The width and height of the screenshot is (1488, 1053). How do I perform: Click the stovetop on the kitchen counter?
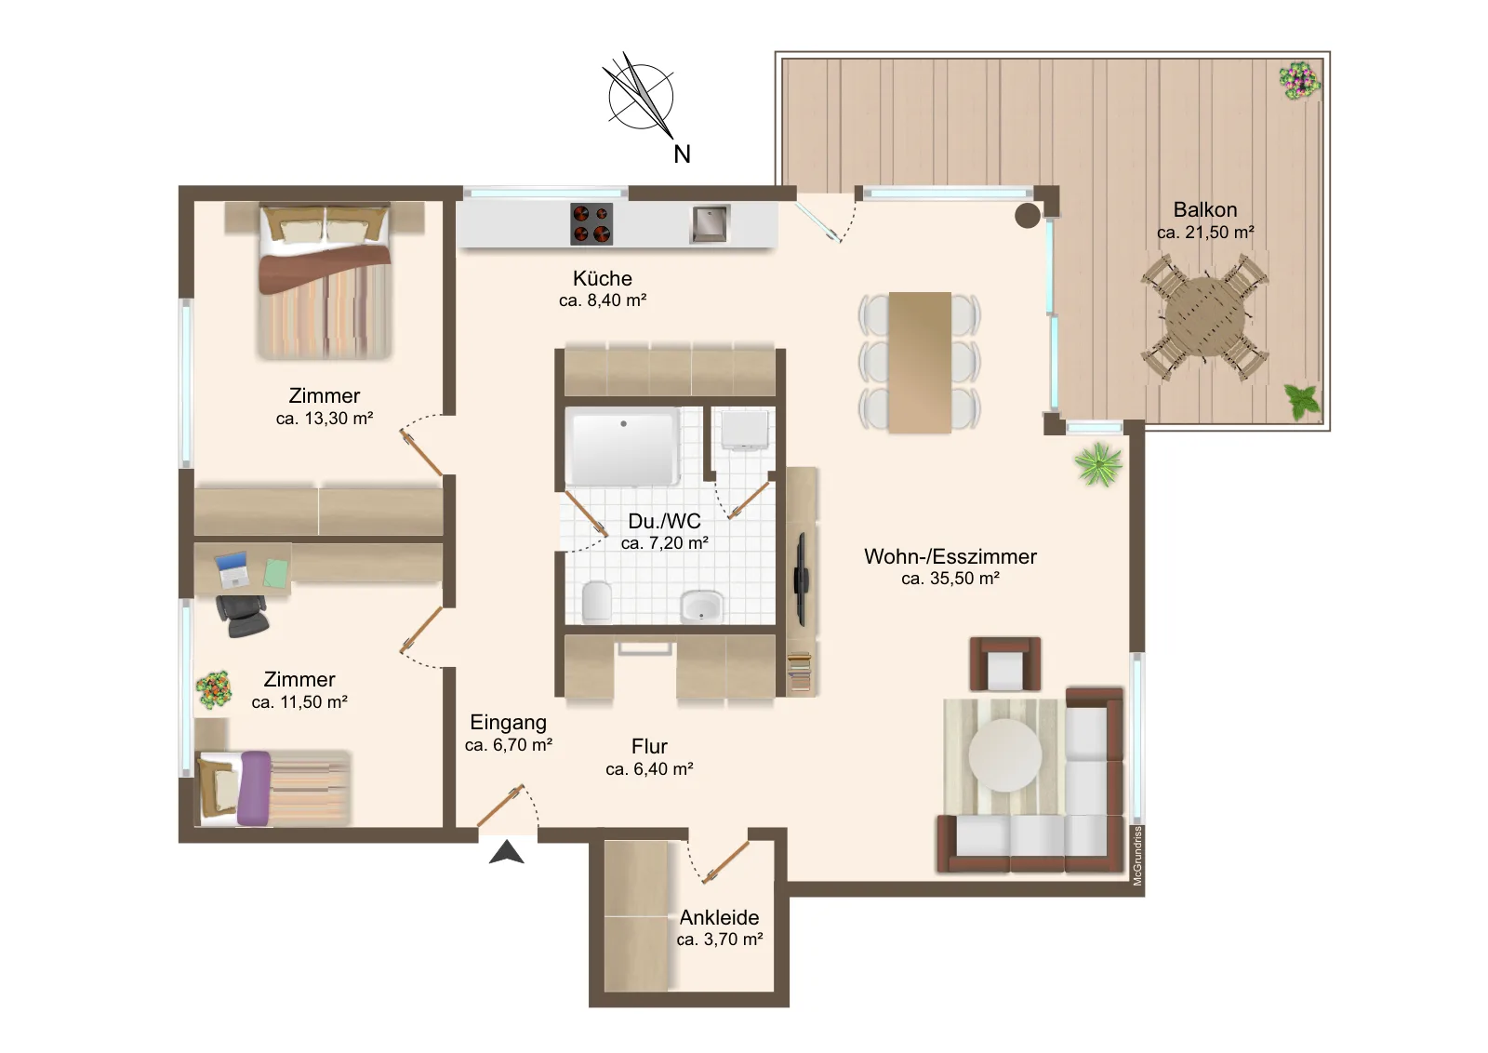click(591, 224)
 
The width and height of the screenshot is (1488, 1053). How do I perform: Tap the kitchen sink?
click(710, 224)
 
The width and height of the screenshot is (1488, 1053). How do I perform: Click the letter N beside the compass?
click(683, 154)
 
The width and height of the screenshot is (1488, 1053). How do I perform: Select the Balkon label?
click(1205, 209)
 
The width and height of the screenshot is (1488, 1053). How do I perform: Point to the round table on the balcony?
click(1204, 317)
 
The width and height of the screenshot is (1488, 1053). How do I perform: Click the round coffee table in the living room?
click(1005, 754)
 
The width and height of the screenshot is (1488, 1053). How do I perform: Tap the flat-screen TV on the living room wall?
click(803, 579)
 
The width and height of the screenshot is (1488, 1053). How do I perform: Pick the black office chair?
click(242, 616)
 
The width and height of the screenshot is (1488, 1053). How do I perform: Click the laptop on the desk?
click(232, 570)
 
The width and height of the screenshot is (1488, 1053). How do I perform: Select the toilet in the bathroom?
click(596, 602)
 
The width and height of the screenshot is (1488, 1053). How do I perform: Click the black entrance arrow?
click(506, 852)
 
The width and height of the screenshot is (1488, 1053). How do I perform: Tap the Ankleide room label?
click(719, 917)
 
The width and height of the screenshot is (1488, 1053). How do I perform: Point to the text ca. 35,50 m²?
click(950, 579)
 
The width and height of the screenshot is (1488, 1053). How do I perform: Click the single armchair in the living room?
click(1005, 664)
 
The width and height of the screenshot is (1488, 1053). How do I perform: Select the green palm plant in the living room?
click(1098, 464)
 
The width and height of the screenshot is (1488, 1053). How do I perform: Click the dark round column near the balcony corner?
click(1027, 215)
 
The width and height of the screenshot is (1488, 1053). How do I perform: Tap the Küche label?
click(603, 278)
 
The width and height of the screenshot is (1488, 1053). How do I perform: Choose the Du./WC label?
click(664, 521)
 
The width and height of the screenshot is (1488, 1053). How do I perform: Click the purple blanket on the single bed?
click(255, 789)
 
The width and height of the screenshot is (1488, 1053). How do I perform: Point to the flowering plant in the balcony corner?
click(1300, 81)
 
